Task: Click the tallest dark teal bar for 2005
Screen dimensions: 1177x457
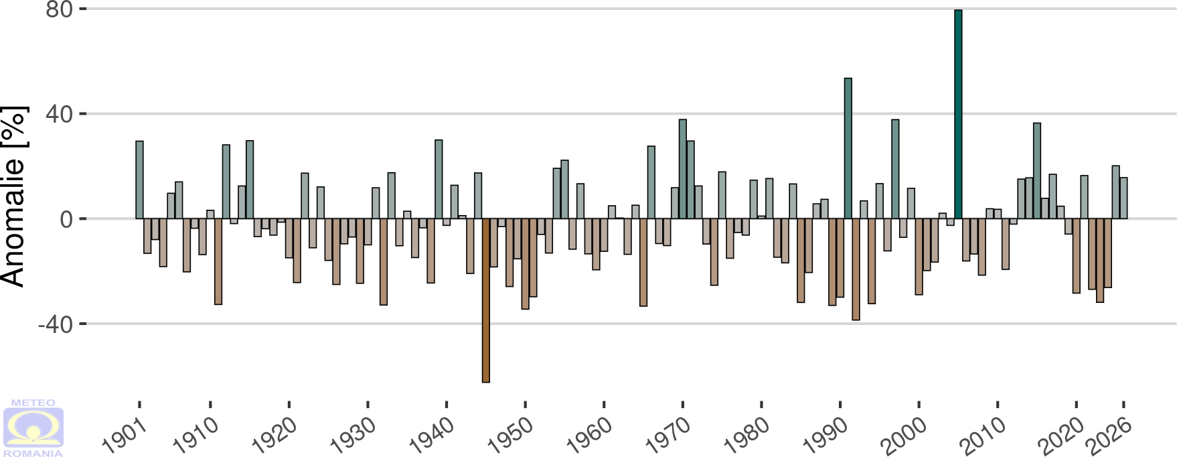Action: (958, 114)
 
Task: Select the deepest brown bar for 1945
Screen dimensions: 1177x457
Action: (486, 300)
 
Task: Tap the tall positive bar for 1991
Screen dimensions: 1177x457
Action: (848, 148)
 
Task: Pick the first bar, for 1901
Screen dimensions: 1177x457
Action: (139, 180)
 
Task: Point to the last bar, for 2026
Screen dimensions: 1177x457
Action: (1123, 198)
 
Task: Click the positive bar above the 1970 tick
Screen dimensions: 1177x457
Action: (683, 169)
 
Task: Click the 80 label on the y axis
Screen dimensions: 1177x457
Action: (59, 9)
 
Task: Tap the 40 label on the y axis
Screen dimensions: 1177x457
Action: (59, 114)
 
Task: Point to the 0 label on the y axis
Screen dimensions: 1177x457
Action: (66, 219)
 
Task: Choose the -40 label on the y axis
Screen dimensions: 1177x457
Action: (55, 324)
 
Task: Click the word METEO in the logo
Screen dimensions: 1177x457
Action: (33, 403)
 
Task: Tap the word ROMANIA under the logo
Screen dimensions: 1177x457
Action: (33, 453)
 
